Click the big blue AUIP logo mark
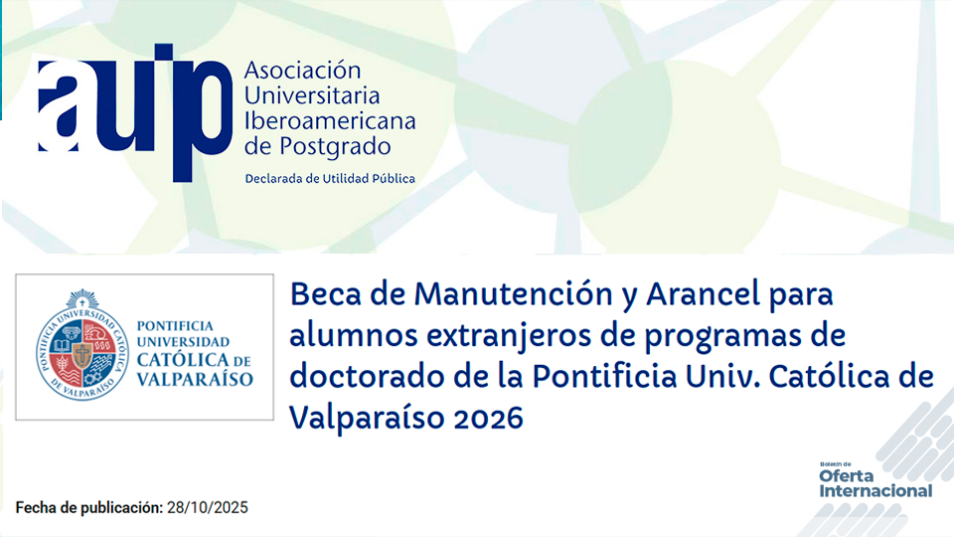[x=133, y=109]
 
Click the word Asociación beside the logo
[x=302, y=72]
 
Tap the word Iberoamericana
[x=330, y=122]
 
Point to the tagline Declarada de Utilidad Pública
[x=330, y=179]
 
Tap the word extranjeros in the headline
[x=474, y=336]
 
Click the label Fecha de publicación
[x=88, y=508]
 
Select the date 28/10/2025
[x=207, y=508]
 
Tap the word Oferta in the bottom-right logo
[x=847, y=476]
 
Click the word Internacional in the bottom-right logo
[x=875, y=490]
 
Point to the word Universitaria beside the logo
[x=312, y=96]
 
